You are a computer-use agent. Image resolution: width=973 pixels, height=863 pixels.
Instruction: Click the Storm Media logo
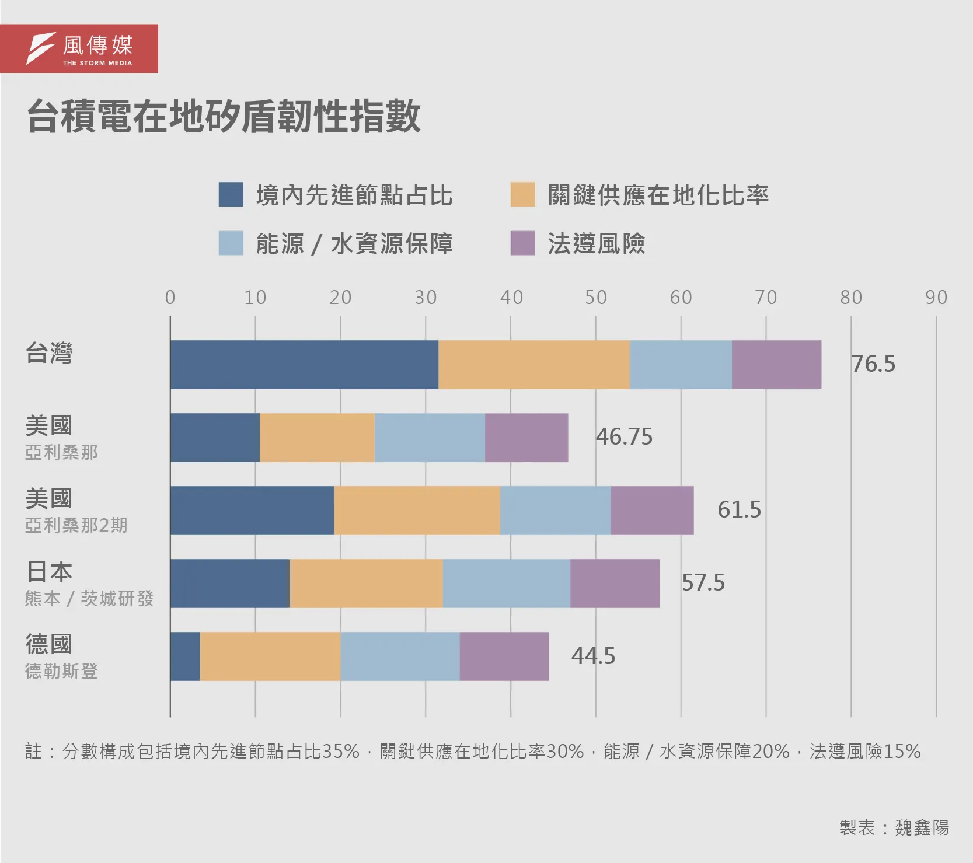(79, 48)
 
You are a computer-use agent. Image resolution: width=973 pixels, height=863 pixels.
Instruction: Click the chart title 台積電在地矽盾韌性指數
(224, 116)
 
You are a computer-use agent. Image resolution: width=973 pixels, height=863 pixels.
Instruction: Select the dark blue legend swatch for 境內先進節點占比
(231, 195)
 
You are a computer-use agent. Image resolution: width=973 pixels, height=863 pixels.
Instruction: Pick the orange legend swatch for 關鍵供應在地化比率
(522, 195)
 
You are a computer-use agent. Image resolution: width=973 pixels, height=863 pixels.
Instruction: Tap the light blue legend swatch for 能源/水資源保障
(231, 243)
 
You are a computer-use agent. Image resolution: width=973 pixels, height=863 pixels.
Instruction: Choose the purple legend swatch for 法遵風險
(522, 243)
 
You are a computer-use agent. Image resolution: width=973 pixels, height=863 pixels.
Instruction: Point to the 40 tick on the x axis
(511, 298)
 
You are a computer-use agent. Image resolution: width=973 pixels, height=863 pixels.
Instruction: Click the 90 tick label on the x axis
(936, 298)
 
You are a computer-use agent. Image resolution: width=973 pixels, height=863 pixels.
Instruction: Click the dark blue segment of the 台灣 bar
(304, 365)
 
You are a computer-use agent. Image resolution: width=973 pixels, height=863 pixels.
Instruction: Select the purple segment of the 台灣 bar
(776, 365)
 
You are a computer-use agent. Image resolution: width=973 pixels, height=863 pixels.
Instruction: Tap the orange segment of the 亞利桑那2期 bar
(417, 511)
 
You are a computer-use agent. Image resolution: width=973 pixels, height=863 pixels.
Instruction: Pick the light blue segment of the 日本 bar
(506, 584)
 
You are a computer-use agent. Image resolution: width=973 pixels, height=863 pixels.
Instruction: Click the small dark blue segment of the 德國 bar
(185, 656)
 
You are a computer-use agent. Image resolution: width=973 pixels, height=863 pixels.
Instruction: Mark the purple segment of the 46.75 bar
(526, 438)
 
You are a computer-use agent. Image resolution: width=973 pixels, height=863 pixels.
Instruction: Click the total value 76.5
(873, 364)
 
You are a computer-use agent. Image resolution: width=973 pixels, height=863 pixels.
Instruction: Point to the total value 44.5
(593, 656)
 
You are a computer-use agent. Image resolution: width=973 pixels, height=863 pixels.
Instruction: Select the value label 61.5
(739, 509)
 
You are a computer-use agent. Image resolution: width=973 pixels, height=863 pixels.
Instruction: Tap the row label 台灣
(49, 353)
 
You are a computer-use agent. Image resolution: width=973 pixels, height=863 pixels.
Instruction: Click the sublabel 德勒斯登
(61, 671)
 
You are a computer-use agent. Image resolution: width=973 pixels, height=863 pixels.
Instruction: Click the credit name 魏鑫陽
(922, 827)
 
